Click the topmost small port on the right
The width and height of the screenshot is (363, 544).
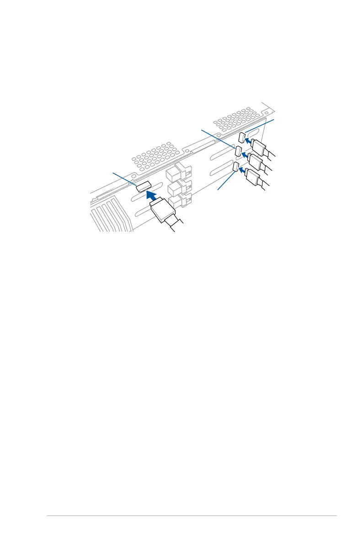(x=242, y=137)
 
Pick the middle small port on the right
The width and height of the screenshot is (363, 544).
(x=239, y=151)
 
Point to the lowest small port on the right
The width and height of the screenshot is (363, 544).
(x=235, y=168)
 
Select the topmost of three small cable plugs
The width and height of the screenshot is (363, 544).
(x=259, y=148)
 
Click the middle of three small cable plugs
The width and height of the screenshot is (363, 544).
(x=256, y=162)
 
